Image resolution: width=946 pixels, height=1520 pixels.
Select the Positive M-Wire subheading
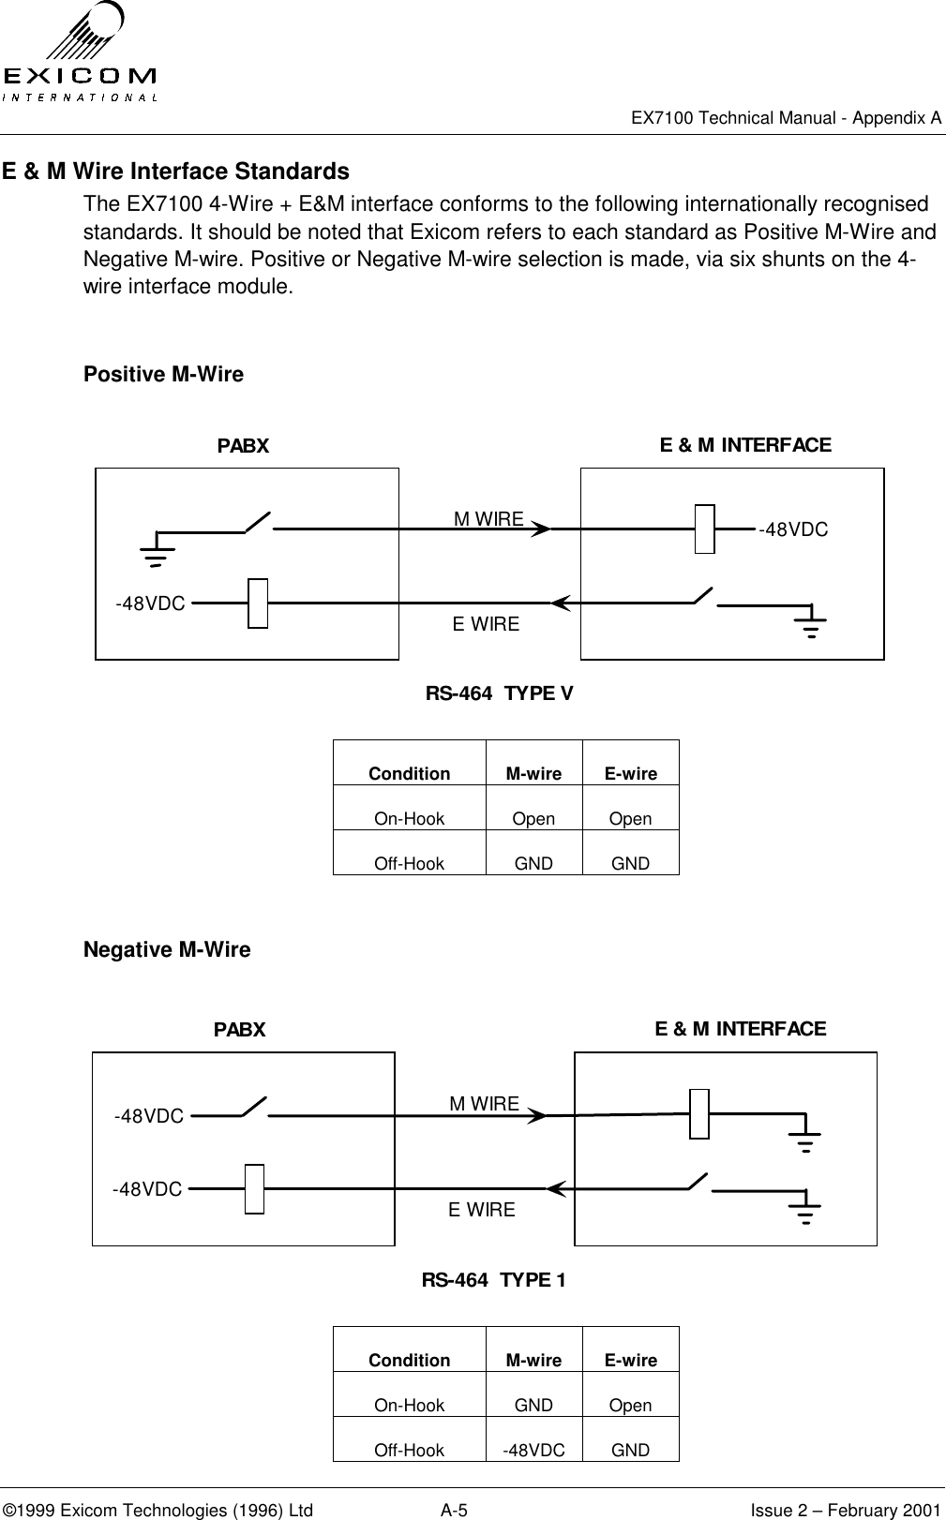tap(163, 375)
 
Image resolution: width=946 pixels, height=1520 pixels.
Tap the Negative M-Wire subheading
tap(167, 950)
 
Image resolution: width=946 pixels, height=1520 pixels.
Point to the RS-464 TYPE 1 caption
tap(493, 1280)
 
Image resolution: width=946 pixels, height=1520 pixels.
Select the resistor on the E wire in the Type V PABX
tap(258, 604)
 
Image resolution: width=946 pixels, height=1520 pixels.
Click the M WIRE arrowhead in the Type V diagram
tap(540, 529)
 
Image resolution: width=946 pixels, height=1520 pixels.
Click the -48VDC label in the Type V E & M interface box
tap(793, 530)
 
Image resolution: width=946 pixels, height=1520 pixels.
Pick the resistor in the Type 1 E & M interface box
tap(699, 1114)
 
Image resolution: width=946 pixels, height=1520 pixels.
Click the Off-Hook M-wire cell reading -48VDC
tap(533, 1451)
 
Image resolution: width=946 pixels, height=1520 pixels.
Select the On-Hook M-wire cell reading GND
tap(533, 1406)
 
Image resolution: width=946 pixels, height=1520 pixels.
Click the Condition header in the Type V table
tap(409, 774)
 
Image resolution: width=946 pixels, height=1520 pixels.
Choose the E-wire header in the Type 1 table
tap(630, 1360)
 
